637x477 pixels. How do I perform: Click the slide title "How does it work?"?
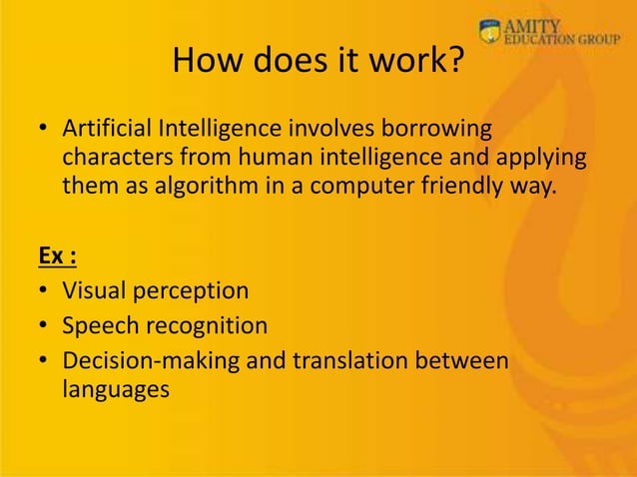pos(318,62)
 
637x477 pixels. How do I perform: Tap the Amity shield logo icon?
pos(489,32)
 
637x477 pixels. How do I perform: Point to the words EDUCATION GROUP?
pos(566,41)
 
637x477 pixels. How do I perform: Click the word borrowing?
pos(444,131)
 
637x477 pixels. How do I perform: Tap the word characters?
pos(112,158)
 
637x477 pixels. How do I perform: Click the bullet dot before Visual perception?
pos(44,292)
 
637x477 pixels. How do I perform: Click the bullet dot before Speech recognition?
pos(44,326)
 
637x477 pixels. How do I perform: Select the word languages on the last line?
pos(116,389)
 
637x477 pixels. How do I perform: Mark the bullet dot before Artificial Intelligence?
pos(44,132)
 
